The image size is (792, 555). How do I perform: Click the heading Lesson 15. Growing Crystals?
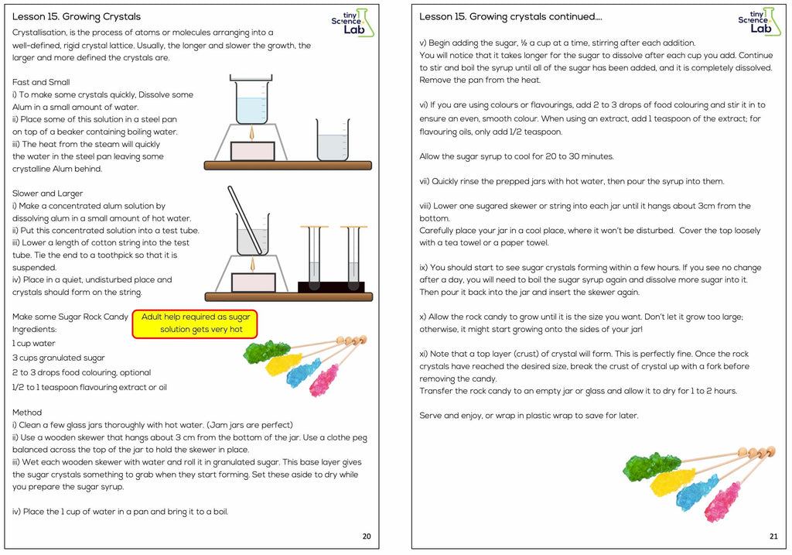click(x=77, y=16)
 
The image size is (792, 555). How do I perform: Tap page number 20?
click(x=366, y=536)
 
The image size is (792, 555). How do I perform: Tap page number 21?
click(x=773, y=536)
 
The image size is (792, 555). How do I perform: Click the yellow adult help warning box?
click(x=195, y=324)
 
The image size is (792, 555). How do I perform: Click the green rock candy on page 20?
click(x=267, y=353)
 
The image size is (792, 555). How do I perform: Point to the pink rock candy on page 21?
click(x=720, y=501)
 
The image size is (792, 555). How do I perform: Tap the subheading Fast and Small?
click(x=41, y=82)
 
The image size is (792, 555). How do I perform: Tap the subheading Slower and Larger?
click(x=47, y=194)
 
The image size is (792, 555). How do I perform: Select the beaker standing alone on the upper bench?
click(x=333, y=141)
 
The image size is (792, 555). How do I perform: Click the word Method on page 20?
click(x=27, y=413)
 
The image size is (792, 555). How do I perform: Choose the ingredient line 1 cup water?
click(x=33, y=343)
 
